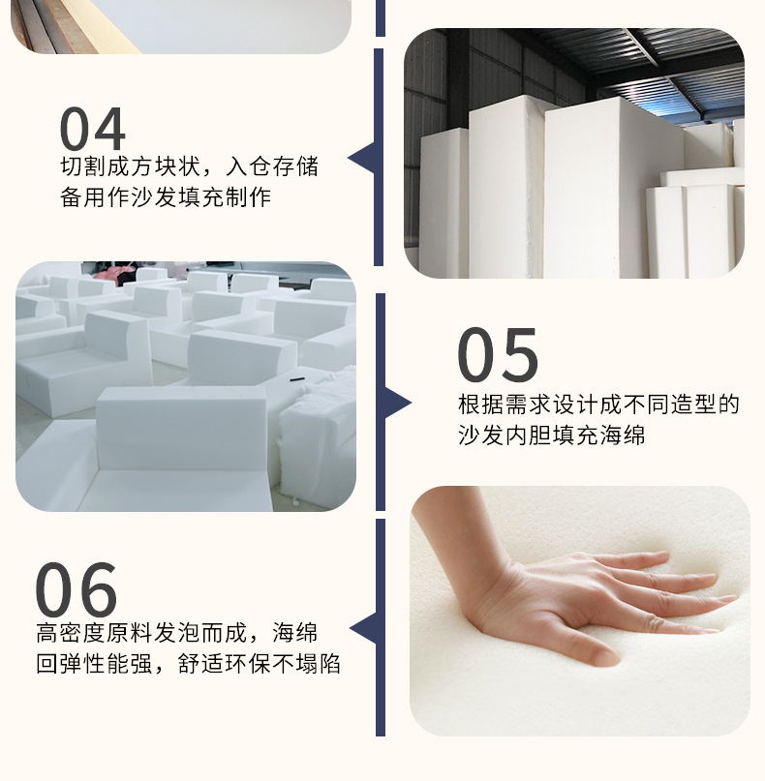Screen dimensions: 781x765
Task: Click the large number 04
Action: coord(93,129)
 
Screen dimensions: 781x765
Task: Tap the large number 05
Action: coord(498,355)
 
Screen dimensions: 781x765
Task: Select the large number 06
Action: coord(76,590)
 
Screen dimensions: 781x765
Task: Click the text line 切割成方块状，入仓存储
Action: coord(189,166)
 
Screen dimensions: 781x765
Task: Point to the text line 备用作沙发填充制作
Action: coord(166,198)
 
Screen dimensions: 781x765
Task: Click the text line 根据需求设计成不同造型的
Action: coord(598,405)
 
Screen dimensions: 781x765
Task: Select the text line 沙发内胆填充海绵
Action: coord(551,436)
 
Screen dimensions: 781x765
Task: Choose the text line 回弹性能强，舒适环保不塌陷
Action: coord(189,666)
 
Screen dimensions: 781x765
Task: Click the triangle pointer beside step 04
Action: coord(363,159)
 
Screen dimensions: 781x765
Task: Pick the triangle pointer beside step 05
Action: coord(396,403)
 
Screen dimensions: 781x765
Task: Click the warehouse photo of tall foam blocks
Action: coord(573,155)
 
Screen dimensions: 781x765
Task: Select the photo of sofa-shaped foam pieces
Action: coord(186,386)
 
